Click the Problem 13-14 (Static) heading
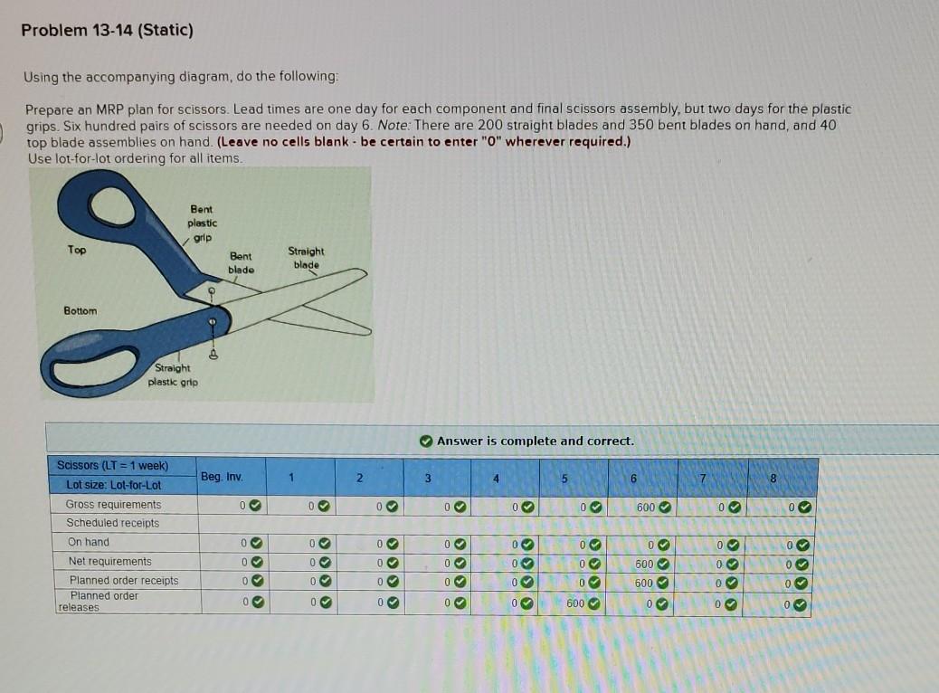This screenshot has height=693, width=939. (x=107, y=30)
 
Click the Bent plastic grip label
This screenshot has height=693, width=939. (x=202, y=223)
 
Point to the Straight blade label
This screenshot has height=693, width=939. (x=306, y=257)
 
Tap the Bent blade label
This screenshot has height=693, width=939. (x=241, y=262)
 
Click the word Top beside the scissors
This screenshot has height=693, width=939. (x=77, y=251)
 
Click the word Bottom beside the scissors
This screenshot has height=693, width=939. (x=80, y=310)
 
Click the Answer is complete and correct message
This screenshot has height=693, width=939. (x=535, y=441)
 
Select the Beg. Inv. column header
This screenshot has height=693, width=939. (x=221, y=476)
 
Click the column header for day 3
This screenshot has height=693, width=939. (x=429, y=477)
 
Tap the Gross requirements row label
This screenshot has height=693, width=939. (x=113, y=505)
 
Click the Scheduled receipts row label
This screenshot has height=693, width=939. (x=112, y=523)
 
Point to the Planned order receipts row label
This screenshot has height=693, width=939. (x=123, y=580)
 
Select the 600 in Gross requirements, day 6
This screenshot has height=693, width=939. (x=645, y=507)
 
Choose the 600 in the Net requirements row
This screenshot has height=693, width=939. (x=644, y=563)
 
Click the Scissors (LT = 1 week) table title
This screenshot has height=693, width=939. (x=112, y=465)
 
